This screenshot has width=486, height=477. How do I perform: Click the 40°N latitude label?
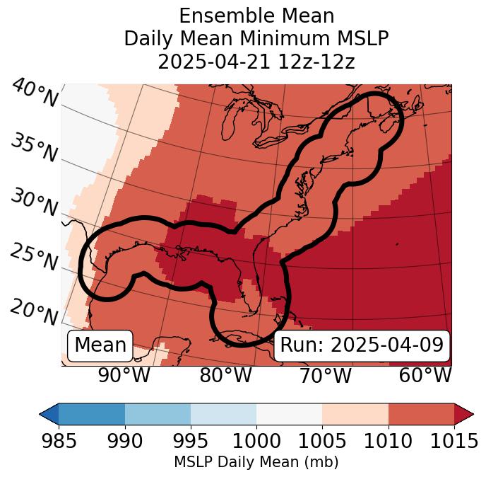click(x=34, y=93)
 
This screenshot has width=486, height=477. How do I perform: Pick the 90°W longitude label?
click(x=124, y=375)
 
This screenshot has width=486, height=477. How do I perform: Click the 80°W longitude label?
click(x=225, y=375)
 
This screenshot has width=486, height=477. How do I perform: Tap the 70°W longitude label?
click(x=325, y=375)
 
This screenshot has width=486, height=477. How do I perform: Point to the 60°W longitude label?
click(x=425, y=375)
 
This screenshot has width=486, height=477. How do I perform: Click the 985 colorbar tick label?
click(x=59, y=442)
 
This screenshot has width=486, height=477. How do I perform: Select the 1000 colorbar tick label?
click(x=256, y=442)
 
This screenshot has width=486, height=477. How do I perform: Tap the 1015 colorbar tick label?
click(x=454, y=442)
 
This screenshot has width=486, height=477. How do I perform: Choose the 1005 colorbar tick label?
click(x=322, y=442)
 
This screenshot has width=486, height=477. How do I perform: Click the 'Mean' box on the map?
click(x=100, y=345)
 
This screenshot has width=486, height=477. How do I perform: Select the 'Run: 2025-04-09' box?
click(x=362, y=345)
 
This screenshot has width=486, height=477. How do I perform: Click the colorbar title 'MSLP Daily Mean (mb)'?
click(x=256, y=463)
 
